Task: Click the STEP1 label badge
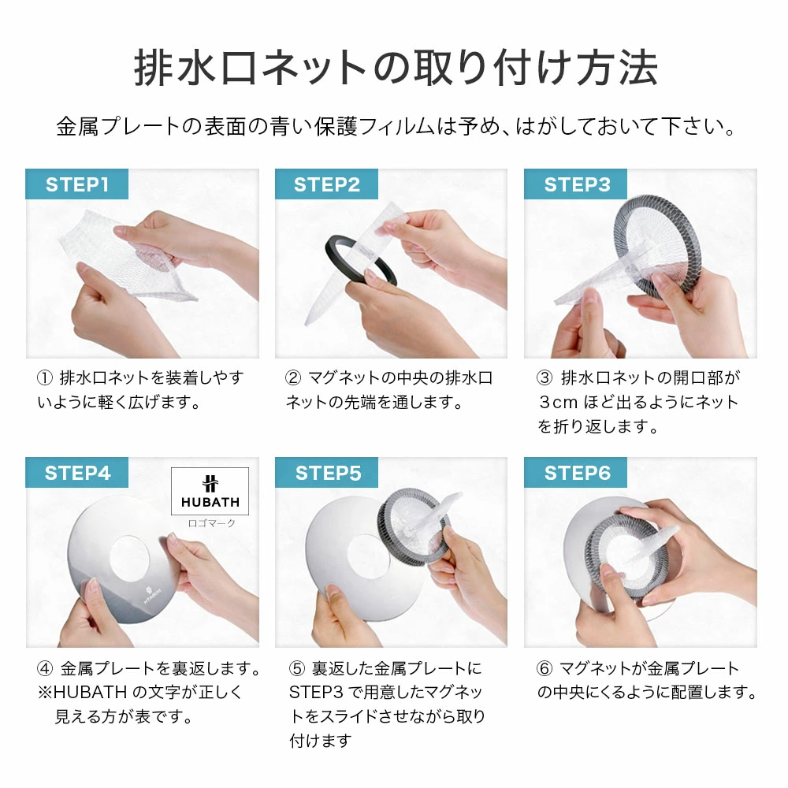click(76, 185)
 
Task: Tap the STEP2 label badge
click(326, 185)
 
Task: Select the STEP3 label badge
click(577, 185)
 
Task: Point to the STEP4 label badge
click(76, 473)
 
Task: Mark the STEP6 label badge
click(577, 473)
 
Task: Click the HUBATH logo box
click(210, 491)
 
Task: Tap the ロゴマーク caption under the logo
click(210, 522)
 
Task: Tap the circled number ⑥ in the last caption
click(544, 669)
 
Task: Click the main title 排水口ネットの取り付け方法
click(394, 69)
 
